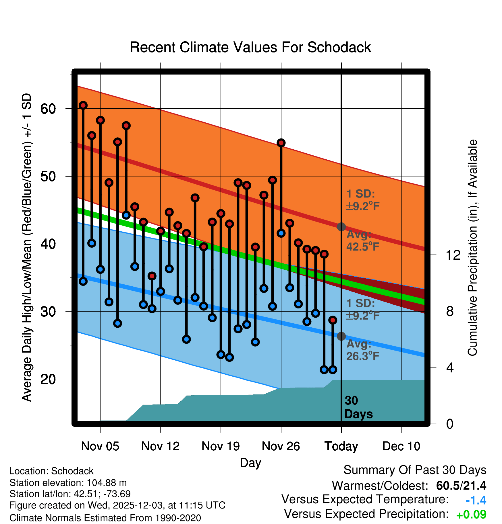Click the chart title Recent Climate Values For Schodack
click(x=250, y=48)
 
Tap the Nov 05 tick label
click(x=100, y=446)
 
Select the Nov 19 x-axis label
click(x=221, y=446)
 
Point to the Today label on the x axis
click(x=341, y=446)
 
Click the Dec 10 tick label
click(x=401, y=446)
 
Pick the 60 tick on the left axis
click(x=48, y=109)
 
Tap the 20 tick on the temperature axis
click(x=48, y=379)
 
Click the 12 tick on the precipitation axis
click(x=453, y=255)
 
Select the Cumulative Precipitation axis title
click(x=472, y=248)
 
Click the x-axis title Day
click(x=250, y=463)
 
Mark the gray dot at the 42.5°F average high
click(x=341, y=227)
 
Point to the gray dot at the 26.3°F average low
click(x=341, y=336)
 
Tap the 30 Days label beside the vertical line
click(x=358, y=407)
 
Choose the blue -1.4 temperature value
click(x=476, y=500)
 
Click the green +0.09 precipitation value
click(x=471, y=515)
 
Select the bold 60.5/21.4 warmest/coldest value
click(x=461, y=486)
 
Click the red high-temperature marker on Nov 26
click(x=281, y=143)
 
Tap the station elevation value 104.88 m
click(x=107, y=483)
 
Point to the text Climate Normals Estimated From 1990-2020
click(x=105, y=518)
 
